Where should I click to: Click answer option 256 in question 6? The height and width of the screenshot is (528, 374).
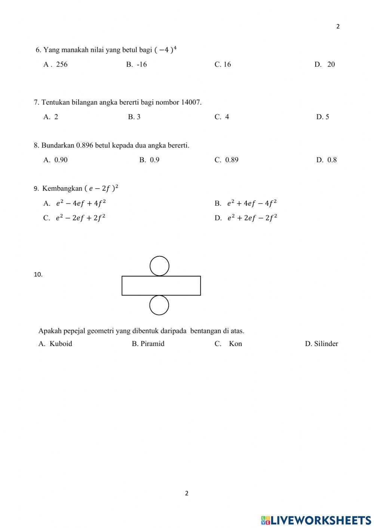point(61,64)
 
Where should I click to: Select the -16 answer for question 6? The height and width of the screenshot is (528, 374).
point(141,64)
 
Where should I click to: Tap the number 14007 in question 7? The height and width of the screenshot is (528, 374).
point(191,102)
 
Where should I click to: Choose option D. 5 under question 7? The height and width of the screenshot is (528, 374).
point(322,117)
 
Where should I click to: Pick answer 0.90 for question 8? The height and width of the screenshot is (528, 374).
point(61,160)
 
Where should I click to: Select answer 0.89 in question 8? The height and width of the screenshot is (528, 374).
point(232,160)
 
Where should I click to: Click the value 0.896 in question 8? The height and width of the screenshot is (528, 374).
point(85,145)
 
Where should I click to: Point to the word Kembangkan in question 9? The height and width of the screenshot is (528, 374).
point(62,188)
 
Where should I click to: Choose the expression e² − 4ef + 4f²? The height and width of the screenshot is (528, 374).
point(80,203)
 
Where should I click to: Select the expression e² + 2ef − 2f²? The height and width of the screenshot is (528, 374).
point(252,218)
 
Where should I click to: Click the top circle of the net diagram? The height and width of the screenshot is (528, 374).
point(159,266)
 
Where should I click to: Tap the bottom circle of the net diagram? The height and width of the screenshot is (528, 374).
point(159,305)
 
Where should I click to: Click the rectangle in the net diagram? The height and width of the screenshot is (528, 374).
point(161,285)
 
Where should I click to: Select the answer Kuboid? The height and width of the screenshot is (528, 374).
point(61,344)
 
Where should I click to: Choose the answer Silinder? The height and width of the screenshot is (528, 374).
point(326,344)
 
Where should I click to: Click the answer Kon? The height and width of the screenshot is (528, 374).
point(235,344)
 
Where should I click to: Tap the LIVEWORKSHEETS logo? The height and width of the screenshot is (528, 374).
point(316,520)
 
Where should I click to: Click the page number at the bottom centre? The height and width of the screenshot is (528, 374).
point(187,493)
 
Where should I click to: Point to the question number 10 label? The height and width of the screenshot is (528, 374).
point(38,274)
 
